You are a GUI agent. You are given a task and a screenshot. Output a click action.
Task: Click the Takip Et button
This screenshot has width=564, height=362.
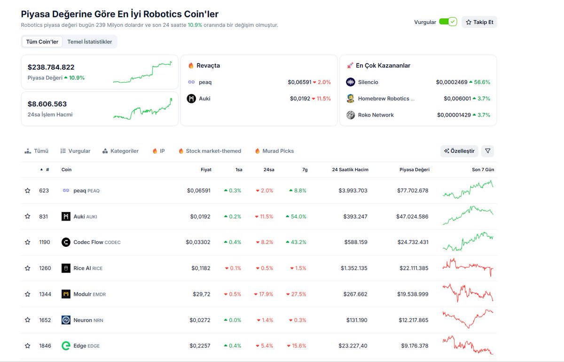(479, 22)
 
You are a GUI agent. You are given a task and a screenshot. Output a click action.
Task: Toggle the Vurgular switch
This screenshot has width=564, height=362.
(447, 22)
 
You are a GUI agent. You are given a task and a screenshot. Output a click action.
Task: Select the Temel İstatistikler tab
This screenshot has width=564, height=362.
(90, 42)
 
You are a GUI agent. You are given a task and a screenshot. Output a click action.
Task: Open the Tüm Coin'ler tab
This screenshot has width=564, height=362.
(42, 42)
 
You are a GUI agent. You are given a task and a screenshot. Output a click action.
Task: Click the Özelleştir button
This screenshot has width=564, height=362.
(460, 151)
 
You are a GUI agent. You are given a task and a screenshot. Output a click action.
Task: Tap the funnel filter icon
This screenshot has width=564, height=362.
(487, 151)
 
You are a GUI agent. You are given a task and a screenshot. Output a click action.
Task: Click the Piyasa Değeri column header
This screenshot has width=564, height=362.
(414, 170)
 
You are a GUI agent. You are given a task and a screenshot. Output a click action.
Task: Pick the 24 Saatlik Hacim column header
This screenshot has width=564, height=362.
(350, 170)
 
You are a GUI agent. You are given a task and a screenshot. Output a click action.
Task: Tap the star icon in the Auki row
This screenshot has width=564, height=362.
(28, 217)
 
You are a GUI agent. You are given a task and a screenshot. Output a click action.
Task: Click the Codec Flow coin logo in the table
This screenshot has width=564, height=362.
(66, 243)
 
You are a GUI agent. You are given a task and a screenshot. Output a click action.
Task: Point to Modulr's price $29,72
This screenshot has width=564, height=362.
(201, 294)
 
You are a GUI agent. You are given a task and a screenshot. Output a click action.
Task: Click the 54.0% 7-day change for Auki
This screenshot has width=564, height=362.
(296, 217)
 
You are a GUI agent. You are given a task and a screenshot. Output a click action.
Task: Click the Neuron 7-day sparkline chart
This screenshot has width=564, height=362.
(468, 320)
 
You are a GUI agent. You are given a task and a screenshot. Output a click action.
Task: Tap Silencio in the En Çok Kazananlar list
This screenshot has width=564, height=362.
(368, 82)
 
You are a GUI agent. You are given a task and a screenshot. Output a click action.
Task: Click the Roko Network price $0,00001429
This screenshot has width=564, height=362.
(453, 115)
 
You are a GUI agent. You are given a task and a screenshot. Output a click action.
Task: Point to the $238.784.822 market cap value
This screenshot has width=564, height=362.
(51, 67)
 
